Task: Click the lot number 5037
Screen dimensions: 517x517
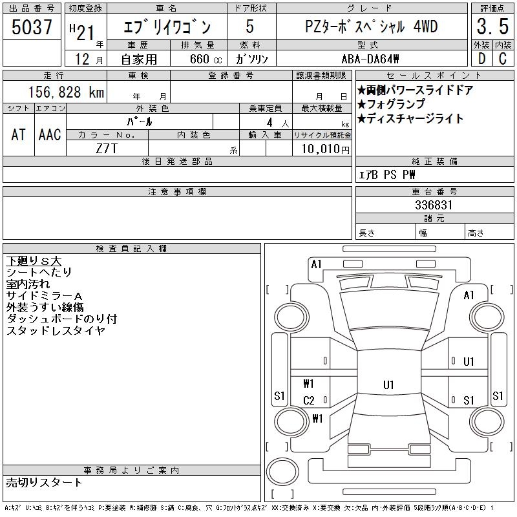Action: tap(32, 27)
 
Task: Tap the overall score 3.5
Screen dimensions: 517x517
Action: tap(492, 26)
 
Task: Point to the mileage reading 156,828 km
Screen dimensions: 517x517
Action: tap(67, 92)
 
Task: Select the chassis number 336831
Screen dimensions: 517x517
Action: tap(434, 205)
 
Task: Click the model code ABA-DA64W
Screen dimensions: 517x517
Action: tap(370, 59)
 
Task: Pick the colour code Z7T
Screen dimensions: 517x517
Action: tap(107, 149)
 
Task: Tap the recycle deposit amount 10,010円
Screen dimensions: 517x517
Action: tap(325, 149)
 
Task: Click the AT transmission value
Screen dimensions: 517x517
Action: tap(19, 135)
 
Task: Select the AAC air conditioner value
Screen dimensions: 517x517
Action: tap(50, 135)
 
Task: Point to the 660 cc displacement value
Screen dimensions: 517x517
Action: tap(206, 59)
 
